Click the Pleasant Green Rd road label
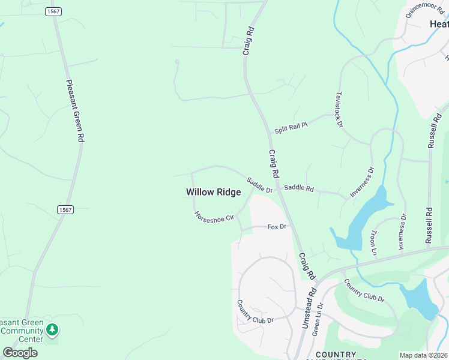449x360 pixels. pyautogui.click(x=75, y=112)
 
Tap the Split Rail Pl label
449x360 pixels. pyautogui.click(x=291, y=127)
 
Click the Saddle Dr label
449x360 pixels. pyautogui.click(x=259, y=185)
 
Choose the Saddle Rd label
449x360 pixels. pyautogui.click(x=298, y=188)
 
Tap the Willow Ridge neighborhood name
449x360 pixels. pyautogui.click(x=213, y=192)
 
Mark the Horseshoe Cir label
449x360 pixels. pyautogui.click(x=213, y=217)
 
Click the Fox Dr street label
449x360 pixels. pyautogui.click(x=277, y=227)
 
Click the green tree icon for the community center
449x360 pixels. pyautogui.click(x=52, y=329)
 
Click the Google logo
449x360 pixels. pyautogui.click(x=20, y=352)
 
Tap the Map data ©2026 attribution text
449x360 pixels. pyautogui.click(x=424, y=355)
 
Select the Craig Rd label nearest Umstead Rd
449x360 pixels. pyautogui.click(x=307, y=266)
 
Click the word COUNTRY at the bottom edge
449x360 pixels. pyautogui.click(x=336, y=355)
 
